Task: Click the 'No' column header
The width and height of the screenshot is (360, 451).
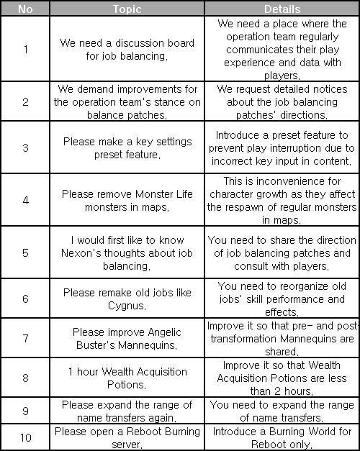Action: (x=25, y=9)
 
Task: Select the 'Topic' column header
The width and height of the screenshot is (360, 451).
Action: (x=127, y=9)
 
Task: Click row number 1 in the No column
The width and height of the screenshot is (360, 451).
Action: (x=25, y=50)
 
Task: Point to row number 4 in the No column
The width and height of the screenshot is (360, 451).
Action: (x=25, y=200)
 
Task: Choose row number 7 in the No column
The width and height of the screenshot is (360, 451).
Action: (x=25, y=339)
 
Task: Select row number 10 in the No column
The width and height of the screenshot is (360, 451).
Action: (x=25, y=437)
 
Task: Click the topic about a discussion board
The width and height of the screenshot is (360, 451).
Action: (x=127, y=50)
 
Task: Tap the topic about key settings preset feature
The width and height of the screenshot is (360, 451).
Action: (x=127, y=148)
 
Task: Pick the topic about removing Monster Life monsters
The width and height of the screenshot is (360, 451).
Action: (x=127, y=200)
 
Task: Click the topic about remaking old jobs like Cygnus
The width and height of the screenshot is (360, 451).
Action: (x=127, y=299)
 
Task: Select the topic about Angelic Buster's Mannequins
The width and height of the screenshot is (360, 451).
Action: (x=127, y=339)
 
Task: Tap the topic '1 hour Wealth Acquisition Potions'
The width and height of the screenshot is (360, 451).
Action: (x=127, y=378)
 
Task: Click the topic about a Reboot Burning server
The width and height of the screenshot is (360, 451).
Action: (x=127, y=437)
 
